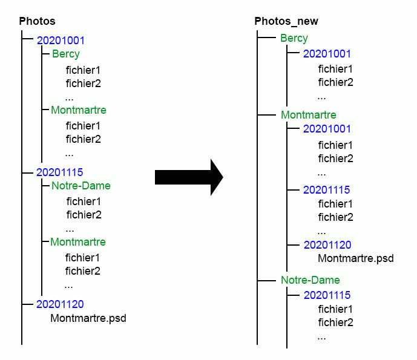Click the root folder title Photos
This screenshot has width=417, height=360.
pos(37,21)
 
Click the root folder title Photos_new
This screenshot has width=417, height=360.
pos(286,21)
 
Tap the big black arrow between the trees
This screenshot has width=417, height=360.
pos(189,177)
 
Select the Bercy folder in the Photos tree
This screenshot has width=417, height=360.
pos(65,54)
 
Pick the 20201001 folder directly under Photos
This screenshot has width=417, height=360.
pos(61,41)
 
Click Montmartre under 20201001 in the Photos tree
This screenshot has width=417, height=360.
pos(78,110)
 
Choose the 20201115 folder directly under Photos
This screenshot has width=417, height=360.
pos(59,172)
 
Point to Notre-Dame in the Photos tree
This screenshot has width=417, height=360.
pos(80,186)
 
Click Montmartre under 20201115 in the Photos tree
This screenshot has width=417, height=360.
pos(77,242)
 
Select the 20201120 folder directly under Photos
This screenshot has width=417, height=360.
pos(60,304)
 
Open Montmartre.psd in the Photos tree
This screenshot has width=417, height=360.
pos(88,318)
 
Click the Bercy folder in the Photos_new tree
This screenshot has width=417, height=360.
pos(294,38)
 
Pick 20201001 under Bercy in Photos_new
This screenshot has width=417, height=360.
pos(327,54)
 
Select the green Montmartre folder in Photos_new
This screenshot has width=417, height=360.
pos(308,115)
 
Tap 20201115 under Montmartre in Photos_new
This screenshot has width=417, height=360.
pos(327,190)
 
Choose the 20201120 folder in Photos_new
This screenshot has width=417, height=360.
pos(327,245)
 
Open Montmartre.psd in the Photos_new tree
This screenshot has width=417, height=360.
pos(356,258)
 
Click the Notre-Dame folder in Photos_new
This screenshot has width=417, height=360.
pos(310,280)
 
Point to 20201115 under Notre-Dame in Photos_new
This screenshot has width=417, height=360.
pos(327,295)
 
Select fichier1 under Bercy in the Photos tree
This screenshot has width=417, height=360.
pos(83,70)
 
